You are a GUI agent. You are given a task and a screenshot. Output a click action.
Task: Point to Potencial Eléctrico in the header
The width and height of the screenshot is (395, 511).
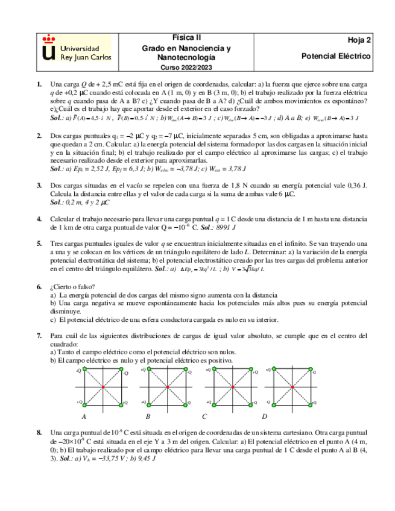tap(336, 56)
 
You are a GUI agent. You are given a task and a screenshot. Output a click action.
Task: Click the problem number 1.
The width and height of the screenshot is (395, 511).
tap(39, 85)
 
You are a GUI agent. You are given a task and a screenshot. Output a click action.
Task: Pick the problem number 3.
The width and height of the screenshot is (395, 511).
tap(39, 186)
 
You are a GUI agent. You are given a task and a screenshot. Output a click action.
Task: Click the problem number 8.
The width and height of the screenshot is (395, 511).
tap(39, 433)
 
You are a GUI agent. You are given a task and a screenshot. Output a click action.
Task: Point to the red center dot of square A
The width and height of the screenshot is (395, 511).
tap(103, 386)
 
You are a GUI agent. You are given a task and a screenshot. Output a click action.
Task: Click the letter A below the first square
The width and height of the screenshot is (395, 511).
tap(83, 417)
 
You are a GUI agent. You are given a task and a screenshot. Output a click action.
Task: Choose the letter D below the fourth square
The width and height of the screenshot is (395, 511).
tap(264, 417)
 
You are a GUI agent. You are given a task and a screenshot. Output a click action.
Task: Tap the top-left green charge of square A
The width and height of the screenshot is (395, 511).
tap(84, 368)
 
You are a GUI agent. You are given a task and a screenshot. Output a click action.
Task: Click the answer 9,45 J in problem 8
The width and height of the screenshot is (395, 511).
tap(145, 459)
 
